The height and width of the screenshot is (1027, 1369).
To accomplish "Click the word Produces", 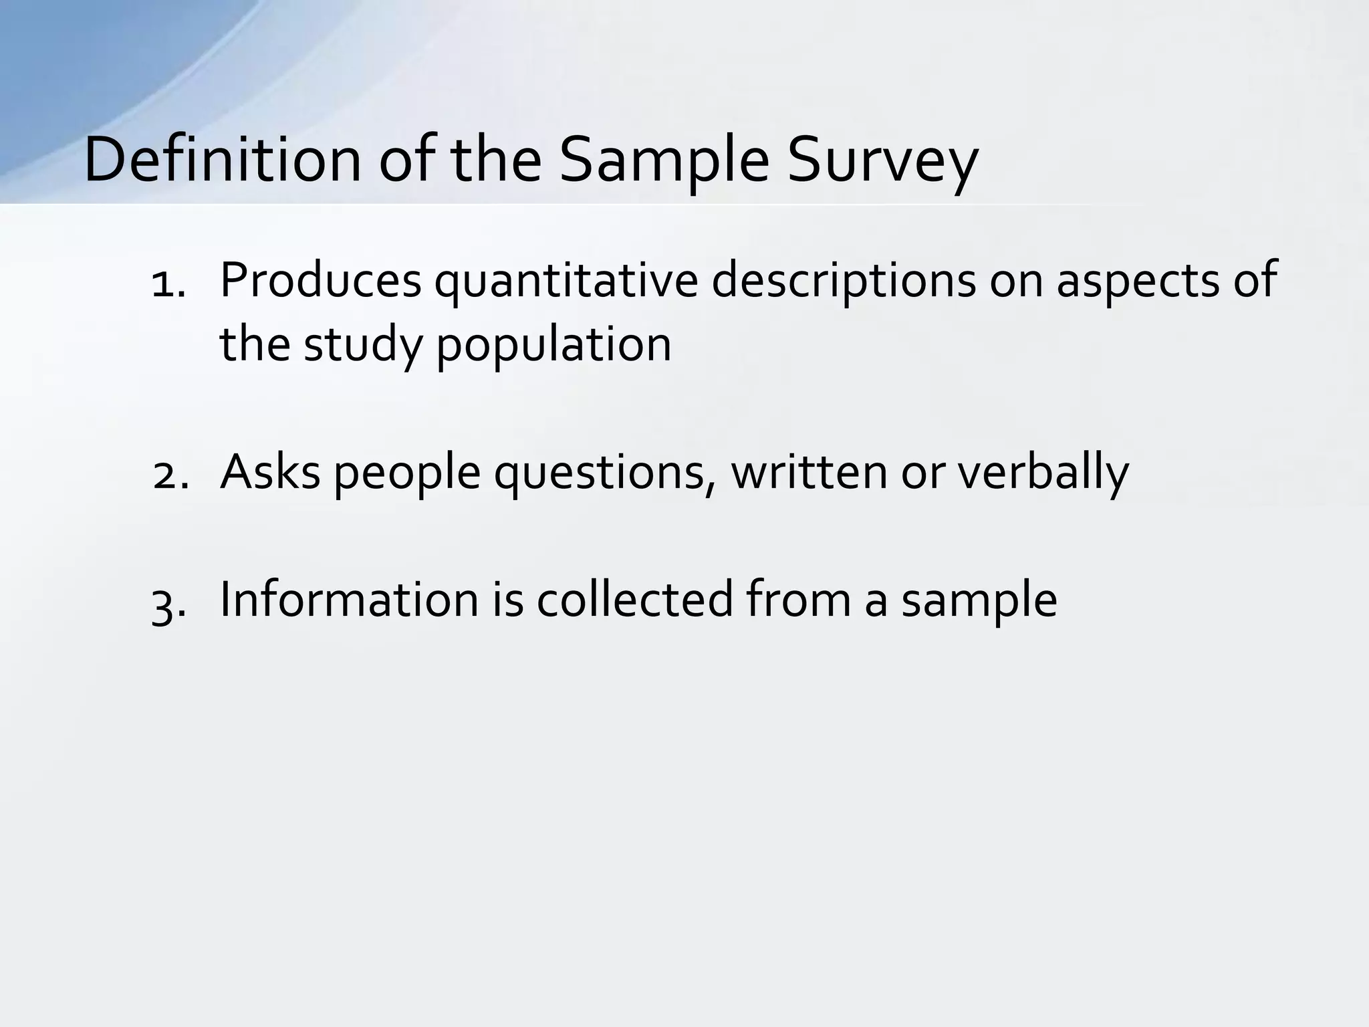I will [x=320, y=281].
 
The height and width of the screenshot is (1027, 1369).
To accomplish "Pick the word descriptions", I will [x=844, y=281].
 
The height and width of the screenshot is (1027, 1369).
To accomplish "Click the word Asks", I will [x=270, y=472].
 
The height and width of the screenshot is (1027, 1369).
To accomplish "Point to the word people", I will [x=406, y=472].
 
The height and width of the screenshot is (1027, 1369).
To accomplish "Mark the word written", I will [x=809, y=472].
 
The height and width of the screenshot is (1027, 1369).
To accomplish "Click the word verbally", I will [x=1043, y=472].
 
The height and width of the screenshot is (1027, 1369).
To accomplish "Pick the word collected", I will [x=635, y=600].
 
